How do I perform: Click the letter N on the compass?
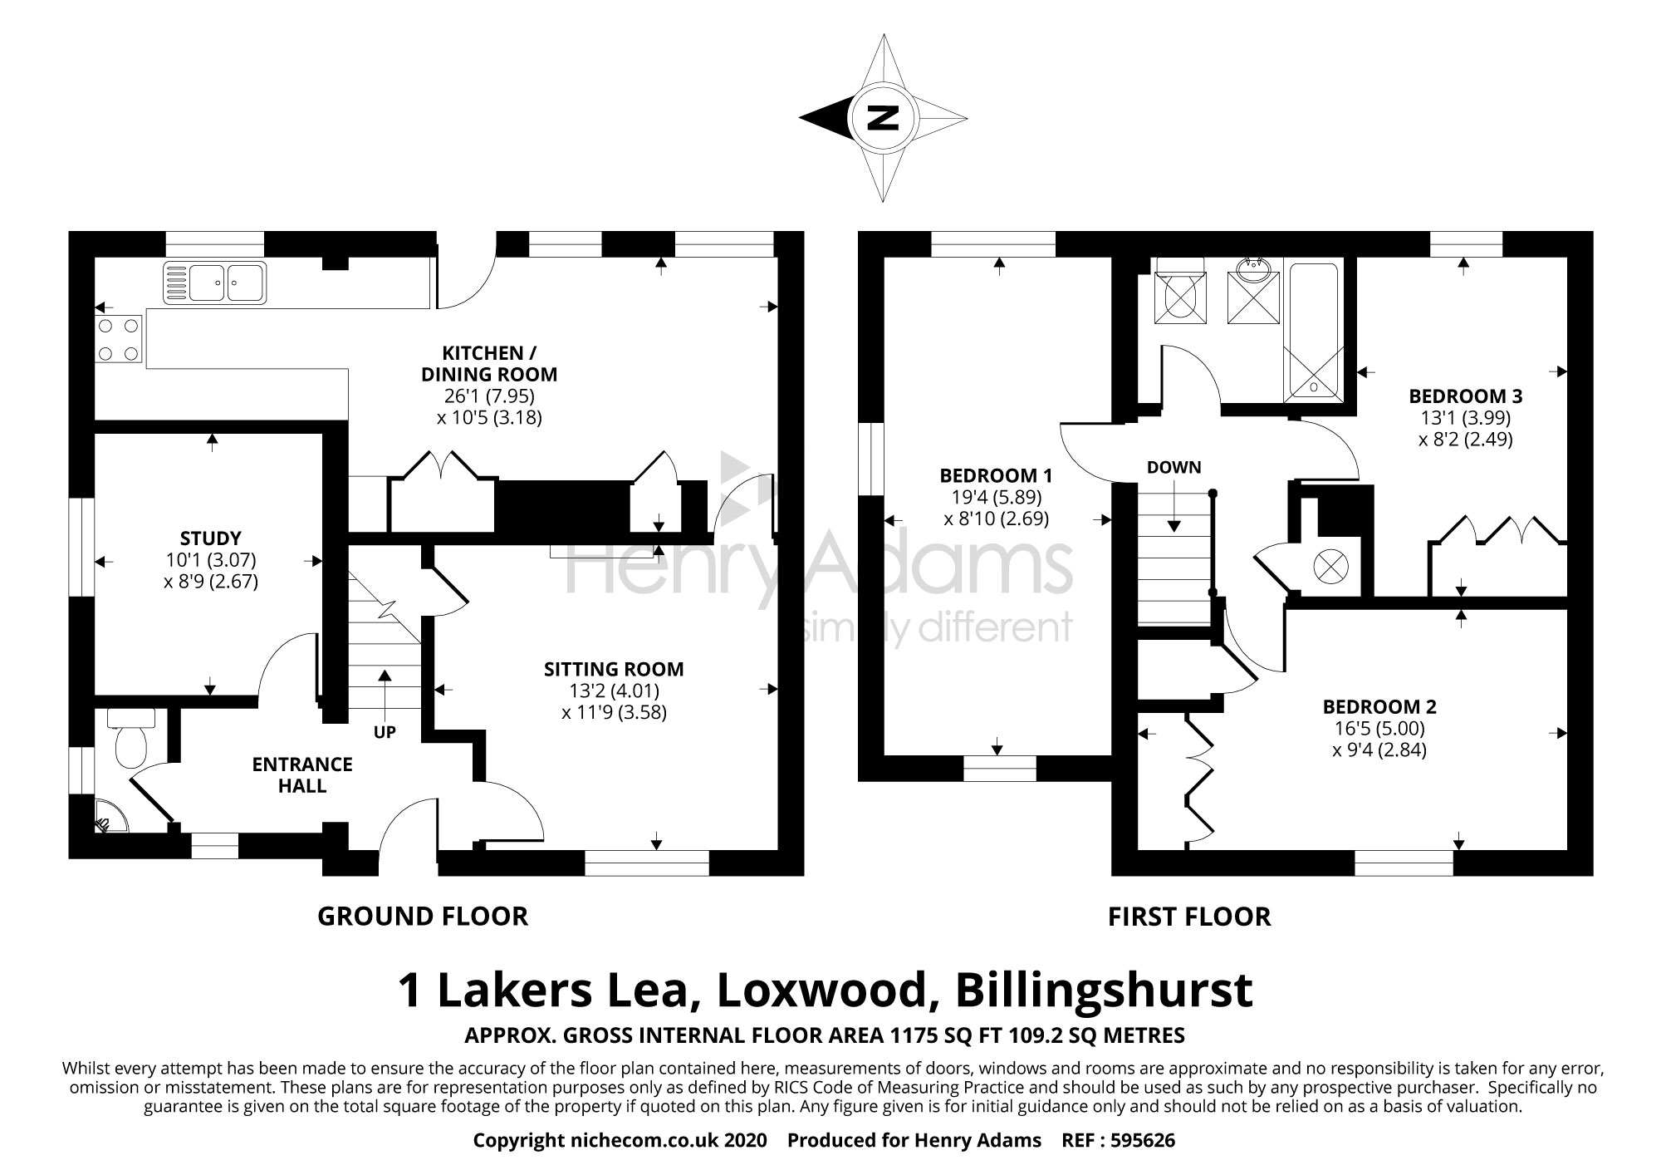pyautogui.click(x=883, y=119)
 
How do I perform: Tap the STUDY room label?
pyautogui.click(x=211, y=538)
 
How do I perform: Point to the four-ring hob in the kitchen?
pyautogui.click(x=119, y=340)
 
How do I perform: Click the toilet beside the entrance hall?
pyautogui.click(x=130, y=738)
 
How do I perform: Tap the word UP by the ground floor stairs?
pyautogui.click(x=385, y=732)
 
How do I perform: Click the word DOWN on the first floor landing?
pyautogui.click(x=1173, y=467)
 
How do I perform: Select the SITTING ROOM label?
pyautogui.click(x=614, y=669)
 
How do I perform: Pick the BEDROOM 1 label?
pyautogui.click(x=996, y=476)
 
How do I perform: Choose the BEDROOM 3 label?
pyautogui.click(x=1465, y=396)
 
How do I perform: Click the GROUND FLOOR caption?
pyautogui.click(x=423, y=917)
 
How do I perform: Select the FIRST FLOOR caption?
pyautogui.click(x=1189, y=917)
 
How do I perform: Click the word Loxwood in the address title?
pyautogui.click(x=821, y=991)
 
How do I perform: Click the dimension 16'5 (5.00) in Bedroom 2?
pyautogui.click(x=1379, y=729)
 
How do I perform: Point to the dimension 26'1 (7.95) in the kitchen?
pyautogui.click(x=489, y=396)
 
